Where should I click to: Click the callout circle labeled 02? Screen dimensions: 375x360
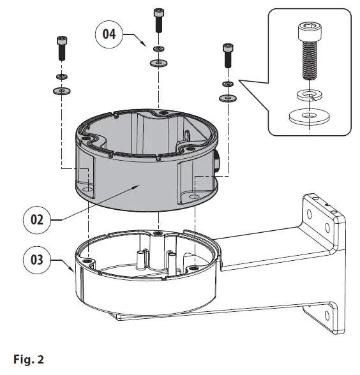(36, 219)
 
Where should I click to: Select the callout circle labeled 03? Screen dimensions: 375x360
(36, 260)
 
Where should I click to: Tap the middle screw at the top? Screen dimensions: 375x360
(158, 21)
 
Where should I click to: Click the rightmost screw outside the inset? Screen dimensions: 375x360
(227, 56)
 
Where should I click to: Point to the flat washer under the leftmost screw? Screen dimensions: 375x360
(61, 91)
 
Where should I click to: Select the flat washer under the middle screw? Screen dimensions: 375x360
(158, 63)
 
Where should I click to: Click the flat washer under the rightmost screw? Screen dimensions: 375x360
(227, 99)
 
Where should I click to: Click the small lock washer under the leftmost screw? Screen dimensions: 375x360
(61, 77)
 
